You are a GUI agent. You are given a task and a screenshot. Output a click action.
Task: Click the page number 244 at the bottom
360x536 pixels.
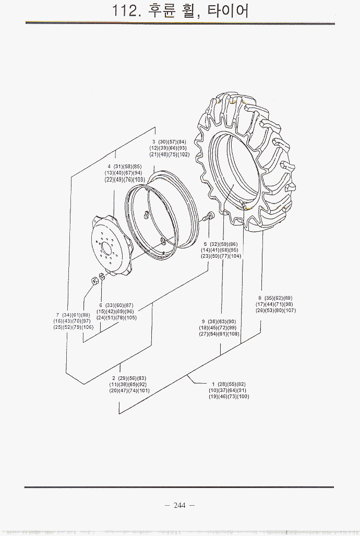(179, 505)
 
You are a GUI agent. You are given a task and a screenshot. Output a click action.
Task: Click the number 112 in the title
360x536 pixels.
(125, 11)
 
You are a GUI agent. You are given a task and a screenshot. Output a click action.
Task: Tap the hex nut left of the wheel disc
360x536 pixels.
(95, 280)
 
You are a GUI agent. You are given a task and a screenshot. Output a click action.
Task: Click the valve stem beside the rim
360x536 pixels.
(209, 216)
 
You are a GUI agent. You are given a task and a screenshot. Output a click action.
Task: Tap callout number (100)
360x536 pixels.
(243, 397)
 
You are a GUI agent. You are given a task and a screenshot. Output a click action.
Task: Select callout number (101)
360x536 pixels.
(143, 391)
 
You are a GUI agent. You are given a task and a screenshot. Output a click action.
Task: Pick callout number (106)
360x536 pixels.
(87, 327)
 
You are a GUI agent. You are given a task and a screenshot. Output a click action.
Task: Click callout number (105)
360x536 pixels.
(130, 318)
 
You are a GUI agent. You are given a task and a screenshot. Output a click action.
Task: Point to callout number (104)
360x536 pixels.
(235, 256)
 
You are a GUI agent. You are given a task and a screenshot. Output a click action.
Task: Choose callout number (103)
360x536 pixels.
(139, 180)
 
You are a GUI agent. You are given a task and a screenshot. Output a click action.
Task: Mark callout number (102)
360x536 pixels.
(183, 154)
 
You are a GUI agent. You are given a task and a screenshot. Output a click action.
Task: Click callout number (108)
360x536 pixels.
(233, 334)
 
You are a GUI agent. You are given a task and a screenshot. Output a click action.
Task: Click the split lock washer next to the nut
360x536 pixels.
(102, 277)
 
